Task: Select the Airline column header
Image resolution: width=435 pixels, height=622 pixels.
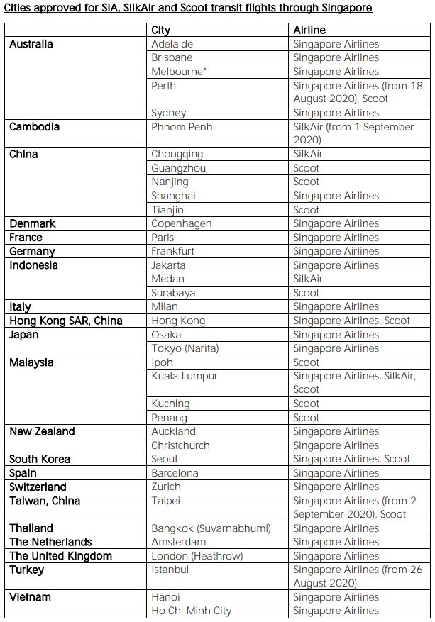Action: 309,30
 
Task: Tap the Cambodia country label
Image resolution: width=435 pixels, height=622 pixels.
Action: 34,127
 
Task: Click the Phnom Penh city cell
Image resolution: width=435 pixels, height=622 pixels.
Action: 182,127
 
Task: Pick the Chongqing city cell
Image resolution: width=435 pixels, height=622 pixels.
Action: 177,154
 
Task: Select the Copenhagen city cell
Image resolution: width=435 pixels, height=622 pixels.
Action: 182,223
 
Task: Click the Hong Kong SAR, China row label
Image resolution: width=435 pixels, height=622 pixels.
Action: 66,321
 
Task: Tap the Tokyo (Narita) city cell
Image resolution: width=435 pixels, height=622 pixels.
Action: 185,348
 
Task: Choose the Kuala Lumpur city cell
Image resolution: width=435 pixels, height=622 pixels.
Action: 185,376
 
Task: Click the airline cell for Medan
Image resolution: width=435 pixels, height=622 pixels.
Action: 308,279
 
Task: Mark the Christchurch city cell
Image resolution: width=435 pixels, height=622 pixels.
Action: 181,445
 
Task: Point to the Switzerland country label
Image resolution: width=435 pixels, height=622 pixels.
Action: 38,487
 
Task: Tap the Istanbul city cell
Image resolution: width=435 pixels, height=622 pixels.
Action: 170,570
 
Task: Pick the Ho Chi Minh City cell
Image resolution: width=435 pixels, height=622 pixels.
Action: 192,611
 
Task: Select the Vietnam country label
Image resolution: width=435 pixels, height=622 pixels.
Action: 31,597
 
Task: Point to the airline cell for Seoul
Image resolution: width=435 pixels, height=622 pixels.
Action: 351,459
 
